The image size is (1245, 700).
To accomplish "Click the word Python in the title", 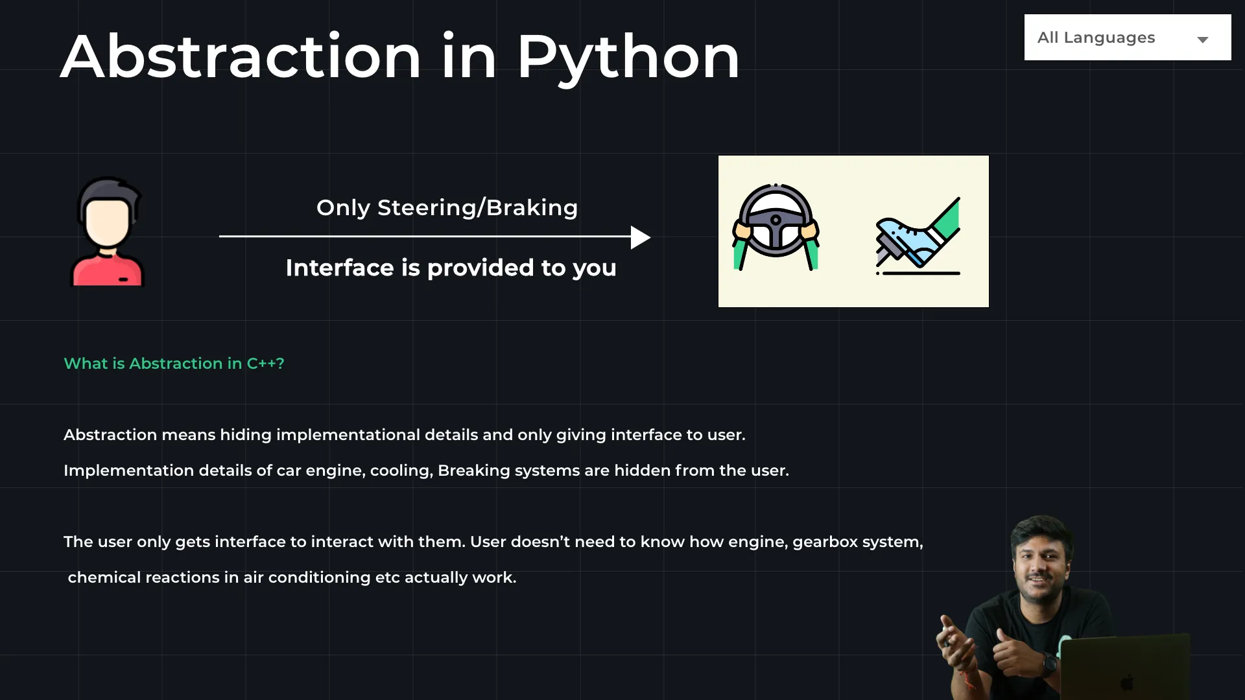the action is tap(628, 58).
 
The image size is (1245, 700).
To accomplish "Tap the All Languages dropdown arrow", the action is tap(1203, 40).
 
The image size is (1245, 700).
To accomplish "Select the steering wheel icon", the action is tap(776, 227).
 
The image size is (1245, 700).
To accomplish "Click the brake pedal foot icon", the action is tap(918, 236).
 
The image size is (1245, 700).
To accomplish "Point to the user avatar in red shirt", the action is tap(108, 231).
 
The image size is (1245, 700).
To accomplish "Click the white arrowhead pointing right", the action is tap(640, 237).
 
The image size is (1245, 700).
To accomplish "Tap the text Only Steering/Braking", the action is tap(447, 208).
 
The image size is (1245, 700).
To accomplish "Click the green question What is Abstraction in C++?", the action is tap(174, 364).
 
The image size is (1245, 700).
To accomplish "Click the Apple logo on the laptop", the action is tap(1128, 682).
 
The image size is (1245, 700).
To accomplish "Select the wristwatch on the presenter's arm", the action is tap(1049, 664).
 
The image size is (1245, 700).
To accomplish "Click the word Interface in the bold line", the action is tap(340, 268).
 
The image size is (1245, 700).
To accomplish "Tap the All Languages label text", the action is tap(1096, 38).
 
